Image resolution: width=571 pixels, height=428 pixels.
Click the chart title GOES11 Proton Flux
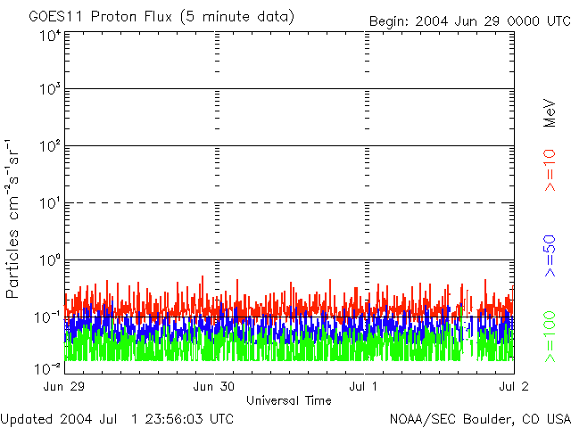(x=161, y=17)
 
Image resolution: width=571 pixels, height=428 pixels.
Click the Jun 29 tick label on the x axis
(x=64, y=387)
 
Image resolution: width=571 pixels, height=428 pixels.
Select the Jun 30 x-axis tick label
(x=214, y=387)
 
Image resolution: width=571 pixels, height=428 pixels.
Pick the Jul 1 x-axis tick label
(x=364, y=387)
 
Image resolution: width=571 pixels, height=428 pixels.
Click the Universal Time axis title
(x=289, y=400)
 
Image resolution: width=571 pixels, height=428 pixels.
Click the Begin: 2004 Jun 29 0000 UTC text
(x=468, y=21)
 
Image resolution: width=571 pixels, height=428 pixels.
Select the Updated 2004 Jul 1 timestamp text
(x=117, y=418)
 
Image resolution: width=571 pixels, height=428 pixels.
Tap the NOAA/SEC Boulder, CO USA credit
(x=479, y=418)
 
